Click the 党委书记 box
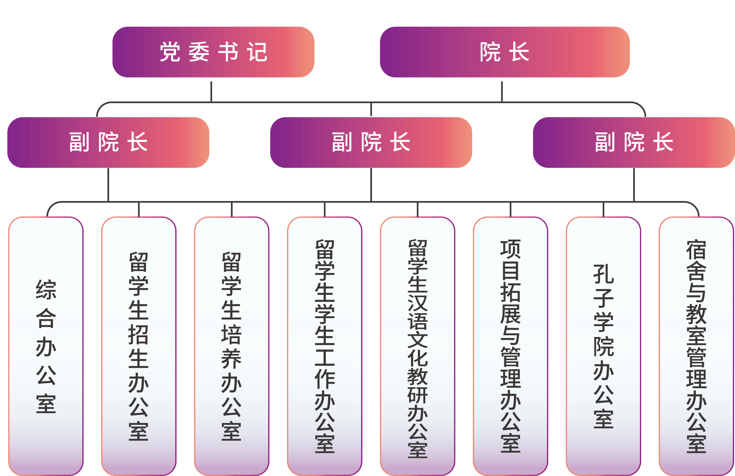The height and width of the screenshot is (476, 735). click(x=213, y=52)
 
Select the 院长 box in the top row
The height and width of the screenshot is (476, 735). click(x=505, y=52)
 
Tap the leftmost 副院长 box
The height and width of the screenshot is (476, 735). click(x=108, y=142)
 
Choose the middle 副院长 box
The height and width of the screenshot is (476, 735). click(x=371, y=142)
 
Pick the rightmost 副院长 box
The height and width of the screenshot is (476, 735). click(x=633, y=142)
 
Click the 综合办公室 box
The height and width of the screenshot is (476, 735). click(x=46, y=346)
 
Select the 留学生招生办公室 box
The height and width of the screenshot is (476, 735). click(x=139, y=346)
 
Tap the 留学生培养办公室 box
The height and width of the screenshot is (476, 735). click(x=231, y=346)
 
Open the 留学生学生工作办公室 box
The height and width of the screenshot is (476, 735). click(x=324, y=346)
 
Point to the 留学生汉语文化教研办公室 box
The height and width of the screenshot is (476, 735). click(x=417, y=346)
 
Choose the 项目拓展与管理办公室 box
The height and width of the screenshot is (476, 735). click(x=510, y=346)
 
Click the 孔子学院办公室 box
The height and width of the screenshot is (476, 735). click(x=603, y=346)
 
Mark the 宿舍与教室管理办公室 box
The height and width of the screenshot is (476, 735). click(x=696, y=346)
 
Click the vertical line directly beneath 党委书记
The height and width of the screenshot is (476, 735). click(x=211, y=91)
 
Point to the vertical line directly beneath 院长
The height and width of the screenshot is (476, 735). click(x=502, y=91)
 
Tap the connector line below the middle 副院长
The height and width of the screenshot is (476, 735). click(x=371, y=185)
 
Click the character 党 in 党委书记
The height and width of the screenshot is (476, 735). click(x=170, y=52)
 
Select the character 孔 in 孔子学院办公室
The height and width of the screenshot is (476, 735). click(x=603, y=274)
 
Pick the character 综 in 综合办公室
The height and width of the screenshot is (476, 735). click(x=46, y=290)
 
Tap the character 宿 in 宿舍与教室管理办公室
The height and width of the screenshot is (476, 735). click(x=696, y=250)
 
